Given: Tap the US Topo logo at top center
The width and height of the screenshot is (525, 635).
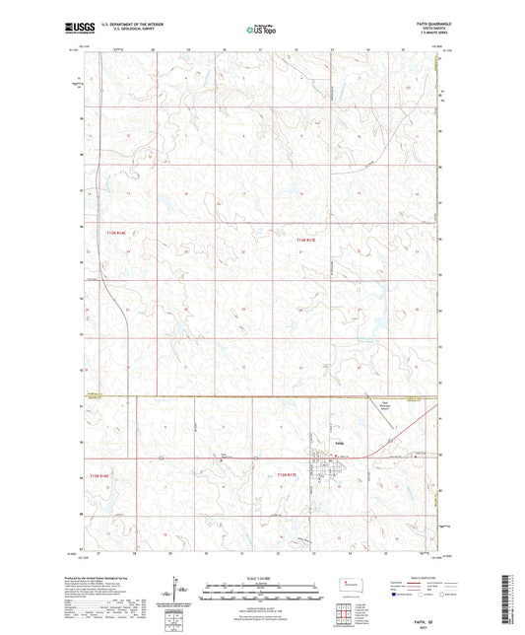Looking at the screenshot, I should [261, 30].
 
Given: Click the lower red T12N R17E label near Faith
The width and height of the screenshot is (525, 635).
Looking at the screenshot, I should [288, 476].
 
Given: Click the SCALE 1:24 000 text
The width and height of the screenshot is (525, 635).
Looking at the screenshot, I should [261, 577].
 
